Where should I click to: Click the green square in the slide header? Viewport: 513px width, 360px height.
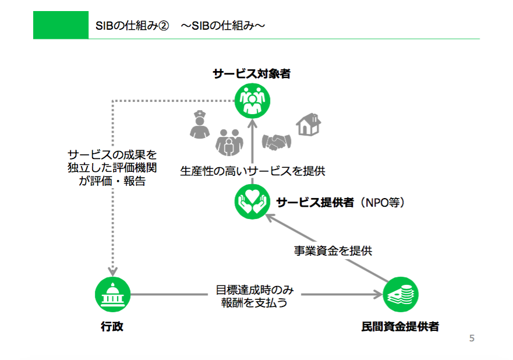pos(61,25)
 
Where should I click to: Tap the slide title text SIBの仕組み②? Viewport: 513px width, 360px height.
pos(132,26)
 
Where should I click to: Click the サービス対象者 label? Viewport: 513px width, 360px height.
pos(252,73)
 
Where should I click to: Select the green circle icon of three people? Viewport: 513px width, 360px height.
pos(252,100)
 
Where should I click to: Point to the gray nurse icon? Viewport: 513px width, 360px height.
pos(200,125)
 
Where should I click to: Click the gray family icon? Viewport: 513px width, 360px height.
pos(229,142)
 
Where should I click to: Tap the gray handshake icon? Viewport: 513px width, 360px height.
pos(277,142)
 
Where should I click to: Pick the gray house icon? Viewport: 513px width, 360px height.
pos(309,124)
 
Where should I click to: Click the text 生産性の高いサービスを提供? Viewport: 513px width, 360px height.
pos(253,171)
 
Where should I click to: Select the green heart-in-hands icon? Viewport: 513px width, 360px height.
pos(252,202)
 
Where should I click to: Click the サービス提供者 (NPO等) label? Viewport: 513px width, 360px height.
pos(341,203)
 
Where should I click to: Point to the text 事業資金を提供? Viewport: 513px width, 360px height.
pos(332,250)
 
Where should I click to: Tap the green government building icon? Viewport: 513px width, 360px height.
pos(112,294)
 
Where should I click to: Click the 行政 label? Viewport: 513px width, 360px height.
pos(112,326)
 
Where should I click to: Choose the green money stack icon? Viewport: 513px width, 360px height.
pos(401,294)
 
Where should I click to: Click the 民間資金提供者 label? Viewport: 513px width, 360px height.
pos(400,326)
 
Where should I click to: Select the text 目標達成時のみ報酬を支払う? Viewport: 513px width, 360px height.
pos(254,296)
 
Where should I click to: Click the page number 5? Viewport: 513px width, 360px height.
pos(472,338)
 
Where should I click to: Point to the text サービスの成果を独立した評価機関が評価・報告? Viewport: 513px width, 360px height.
pos(112,168)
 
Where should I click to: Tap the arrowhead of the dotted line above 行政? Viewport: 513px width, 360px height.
pos(112,272)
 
